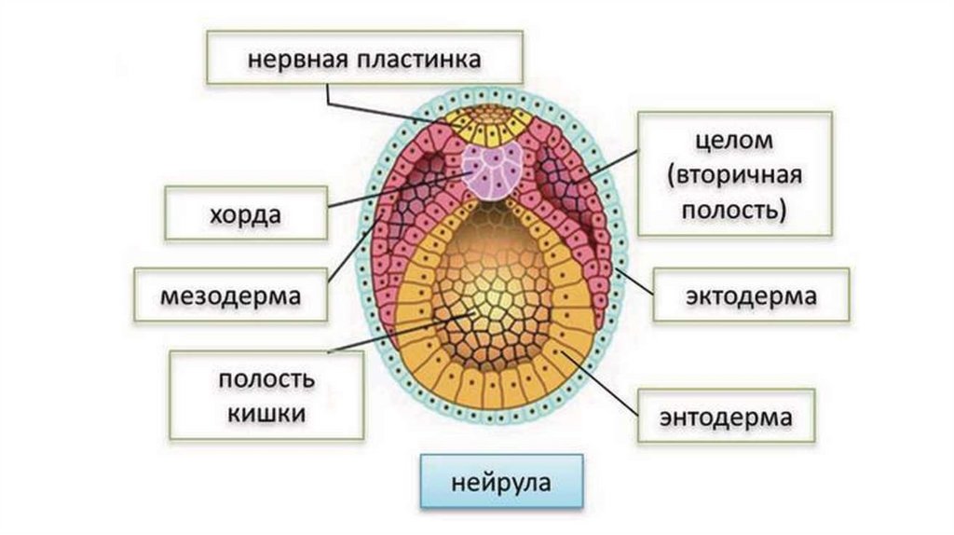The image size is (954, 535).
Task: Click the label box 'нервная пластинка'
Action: click(x=363, y=60)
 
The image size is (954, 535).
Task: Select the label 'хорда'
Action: click(x=246, y=213)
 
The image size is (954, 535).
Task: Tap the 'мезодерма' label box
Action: click(x=231, y=295)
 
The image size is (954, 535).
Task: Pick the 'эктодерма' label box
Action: click(x=751, y=295)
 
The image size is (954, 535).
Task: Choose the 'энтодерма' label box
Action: click(x=727, y=417)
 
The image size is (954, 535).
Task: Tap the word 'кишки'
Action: click(x=266, y=411)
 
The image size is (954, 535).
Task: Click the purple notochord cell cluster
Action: click(x=492, y=171)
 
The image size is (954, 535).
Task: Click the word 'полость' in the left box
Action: click(x=266, y=379)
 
